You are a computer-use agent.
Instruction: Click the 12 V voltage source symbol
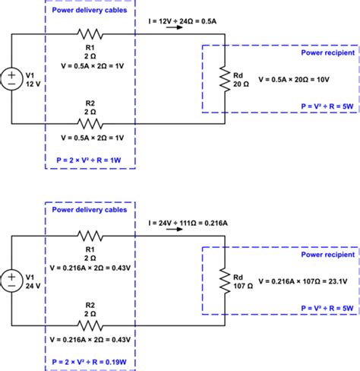(x=12, y=78)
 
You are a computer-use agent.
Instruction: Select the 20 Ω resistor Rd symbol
(x=225, y=79)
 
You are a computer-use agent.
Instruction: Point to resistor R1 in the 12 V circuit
(x=90, y=33)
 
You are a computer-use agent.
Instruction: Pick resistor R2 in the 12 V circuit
(x=90, y=123)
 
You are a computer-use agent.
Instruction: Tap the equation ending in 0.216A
(x=199, y=224)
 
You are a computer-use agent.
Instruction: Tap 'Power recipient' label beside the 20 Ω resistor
(x=322, y=54)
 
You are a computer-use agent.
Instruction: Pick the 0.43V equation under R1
(x=90, y=267)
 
